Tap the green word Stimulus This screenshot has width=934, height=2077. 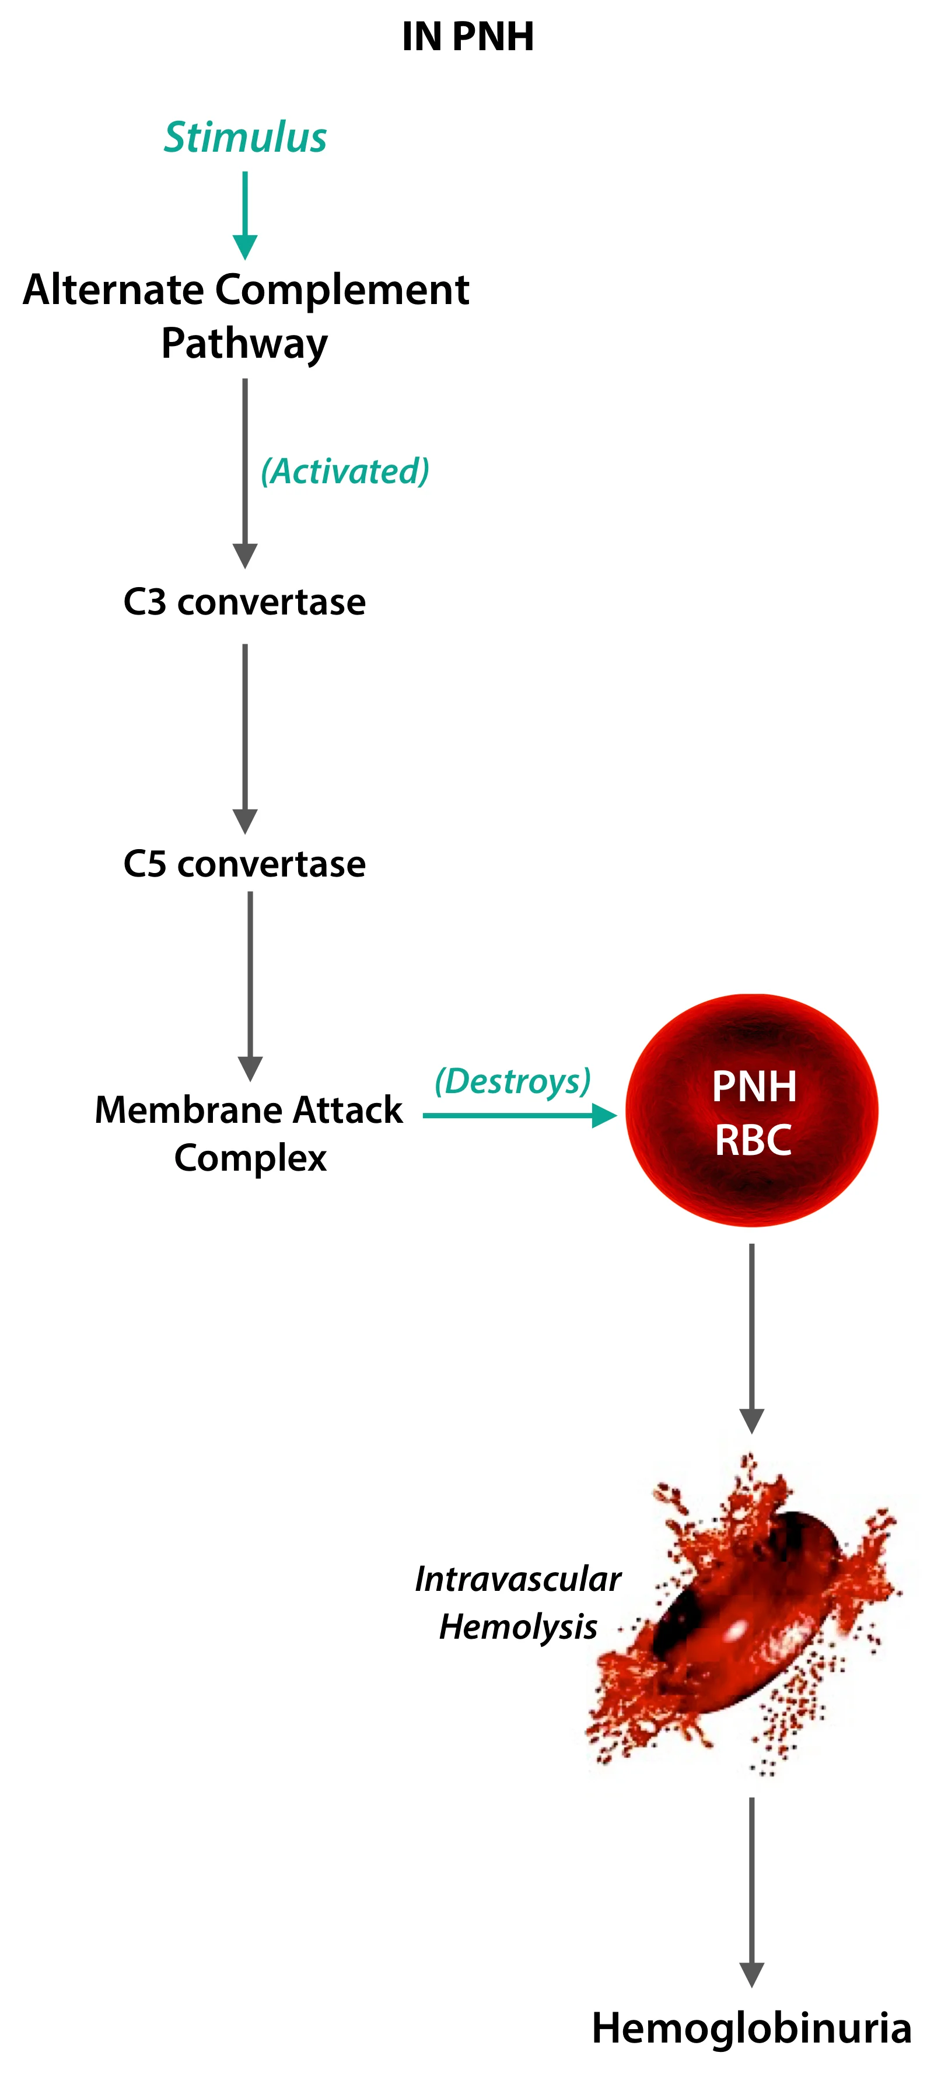click(x=245, y=137)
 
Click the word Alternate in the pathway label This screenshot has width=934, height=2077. click(x=113, y=289)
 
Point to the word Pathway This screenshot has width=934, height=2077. click(x=244, y=344)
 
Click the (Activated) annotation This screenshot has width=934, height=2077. click(x=345, y=471)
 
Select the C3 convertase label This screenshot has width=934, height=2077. click(x=244, y=602)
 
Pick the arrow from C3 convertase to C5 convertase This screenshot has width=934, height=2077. click(x=245, y=738)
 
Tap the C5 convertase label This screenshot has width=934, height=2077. click(x=244, y=864)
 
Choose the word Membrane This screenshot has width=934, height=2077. click(x=179, y=1109)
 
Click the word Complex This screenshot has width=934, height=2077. click(x=251, y=1158)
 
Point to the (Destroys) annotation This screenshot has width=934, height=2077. click(x=513, y=1080)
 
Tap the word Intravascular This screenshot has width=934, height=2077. click(x=517, y=1579)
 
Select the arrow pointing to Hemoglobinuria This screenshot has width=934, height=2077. click(x=752, y=1891)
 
